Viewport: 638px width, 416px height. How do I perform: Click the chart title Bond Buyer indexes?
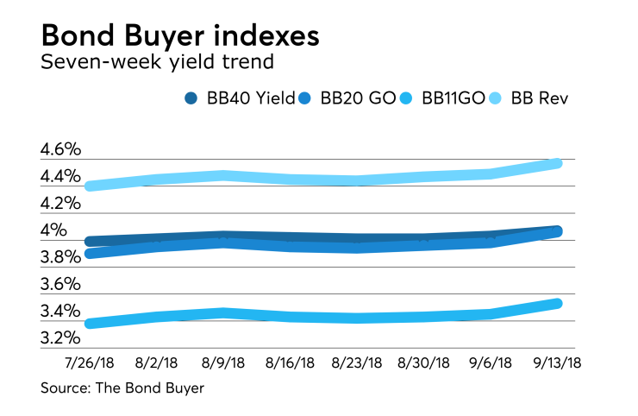pos(180,37)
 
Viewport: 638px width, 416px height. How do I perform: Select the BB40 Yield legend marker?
pos(192,98)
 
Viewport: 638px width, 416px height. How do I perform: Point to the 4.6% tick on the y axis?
pos(60,150)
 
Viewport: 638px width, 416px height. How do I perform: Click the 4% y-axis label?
pos(53,230)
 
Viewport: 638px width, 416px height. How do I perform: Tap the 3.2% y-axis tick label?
pos(60,337)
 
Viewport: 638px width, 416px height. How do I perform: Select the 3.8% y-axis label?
pos(60,257)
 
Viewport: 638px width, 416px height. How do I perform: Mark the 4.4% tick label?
pos(60,177)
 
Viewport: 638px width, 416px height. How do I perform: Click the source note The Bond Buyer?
pos(122,388)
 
